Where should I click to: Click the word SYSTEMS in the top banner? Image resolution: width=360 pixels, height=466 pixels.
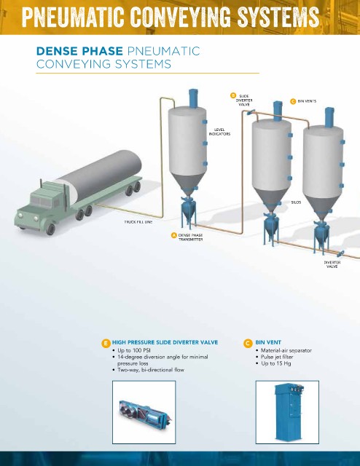coord(278,16)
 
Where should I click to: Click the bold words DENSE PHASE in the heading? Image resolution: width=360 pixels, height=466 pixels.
coord(79,51)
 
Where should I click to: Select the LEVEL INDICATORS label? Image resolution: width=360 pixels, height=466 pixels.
coord(219,132)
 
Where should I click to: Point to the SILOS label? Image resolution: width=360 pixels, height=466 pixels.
coord(296,202)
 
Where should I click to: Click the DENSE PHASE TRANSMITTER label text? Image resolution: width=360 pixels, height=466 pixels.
coord(190,237)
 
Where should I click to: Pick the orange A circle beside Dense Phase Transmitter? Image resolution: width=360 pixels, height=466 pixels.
coord(174,235)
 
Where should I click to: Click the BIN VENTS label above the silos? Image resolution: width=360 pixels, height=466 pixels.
coord(307,101)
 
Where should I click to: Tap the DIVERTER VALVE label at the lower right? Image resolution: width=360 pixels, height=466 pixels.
coord(332,264)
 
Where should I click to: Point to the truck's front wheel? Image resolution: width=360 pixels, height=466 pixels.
coord(50,229)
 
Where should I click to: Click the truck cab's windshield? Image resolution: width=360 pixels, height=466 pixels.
coord(42,202)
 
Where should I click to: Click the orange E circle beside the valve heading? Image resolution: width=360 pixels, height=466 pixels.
coord(106,344)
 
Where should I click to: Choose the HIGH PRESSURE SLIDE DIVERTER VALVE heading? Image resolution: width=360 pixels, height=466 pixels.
coord(165,342)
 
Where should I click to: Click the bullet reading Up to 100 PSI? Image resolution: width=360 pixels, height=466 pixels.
coord(134,350)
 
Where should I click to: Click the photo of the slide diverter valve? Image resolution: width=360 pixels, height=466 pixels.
coord(144,412)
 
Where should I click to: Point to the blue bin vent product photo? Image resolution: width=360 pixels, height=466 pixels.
coord(287,412)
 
